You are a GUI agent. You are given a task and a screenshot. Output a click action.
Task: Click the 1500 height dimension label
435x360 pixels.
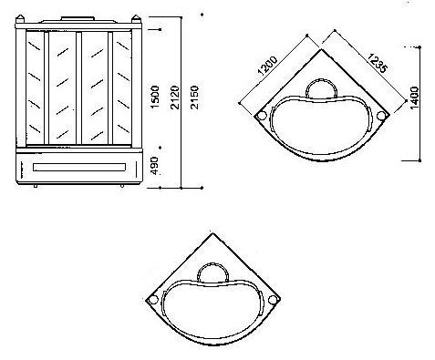(x=155, y=97)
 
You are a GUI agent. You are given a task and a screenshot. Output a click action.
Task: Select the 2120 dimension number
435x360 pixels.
(x=175, y=98)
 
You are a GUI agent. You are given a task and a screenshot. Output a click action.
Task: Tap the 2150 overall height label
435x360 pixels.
(x=194, y=98)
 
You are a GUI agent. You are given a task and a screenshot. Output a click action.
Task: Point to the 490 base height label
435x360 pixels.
(x=155, y=166)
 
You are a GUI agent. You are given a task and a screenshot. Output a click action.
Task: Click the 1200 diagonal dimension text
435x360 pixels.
(x=268, y=66)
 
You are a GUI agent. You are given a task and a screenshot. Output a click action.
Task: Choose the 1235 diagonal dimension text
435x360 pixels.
(x=378, y=63)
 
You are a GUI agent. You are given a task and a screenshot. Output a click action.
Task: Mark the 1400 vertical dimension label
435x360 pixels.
(x=414, y=98)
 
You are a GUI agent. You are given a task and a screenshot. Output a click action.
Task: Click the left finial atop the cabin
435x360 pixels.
(x=20, y=18)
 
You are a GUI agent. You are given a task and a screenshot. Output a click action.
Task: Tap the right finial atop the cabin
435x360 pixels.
(x=136, y=18)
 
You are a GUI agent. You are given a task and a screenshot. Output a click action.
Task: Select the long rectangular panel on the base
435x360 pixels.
(x=79, y=168)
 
